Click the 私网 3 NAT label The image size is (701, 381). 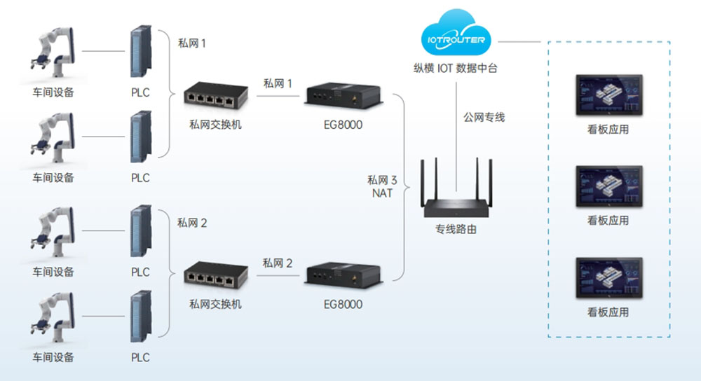pos(382,186)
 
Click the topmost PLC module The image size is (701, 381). pos(141,53)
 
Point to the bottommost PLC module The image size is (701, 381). pos(141,319)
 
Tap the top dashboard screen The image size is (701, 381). pos(608,95)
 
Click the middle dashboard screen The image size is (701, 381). pos(608,186)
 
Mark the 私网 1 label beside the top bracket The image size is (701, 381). pos(192,43)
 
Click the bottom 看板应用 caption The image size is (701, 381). pos(608,312)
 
